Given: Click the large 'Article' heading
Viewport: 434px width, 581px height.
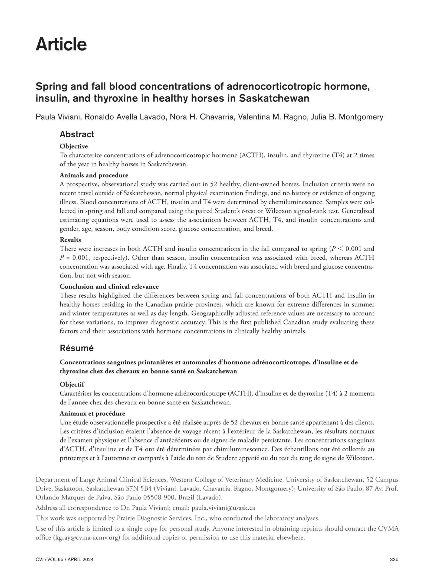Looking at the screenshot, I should pos(61,44).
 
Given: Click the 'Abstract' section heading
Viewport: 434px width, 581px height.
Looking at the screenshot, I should pos(77,134).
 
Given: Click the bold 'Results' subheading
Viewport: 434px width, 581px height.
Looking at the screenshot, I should pos(70,240).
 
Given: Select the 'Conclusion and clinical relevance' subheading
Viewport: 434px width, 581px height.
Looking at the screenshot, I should pos(109,286).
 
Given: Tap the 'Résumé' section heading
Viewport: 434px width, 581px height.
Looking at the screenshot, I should pos(77,348).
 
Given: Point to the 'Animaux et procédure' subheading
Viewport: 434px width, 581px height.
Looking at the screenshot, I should pos(92,413).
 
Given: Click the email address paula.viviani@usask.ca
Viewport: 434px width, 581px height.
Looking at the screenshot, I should pos(224,508).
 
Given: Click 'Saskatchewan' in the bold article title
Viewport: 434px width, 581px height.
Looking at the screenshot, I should pos(274,98).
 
